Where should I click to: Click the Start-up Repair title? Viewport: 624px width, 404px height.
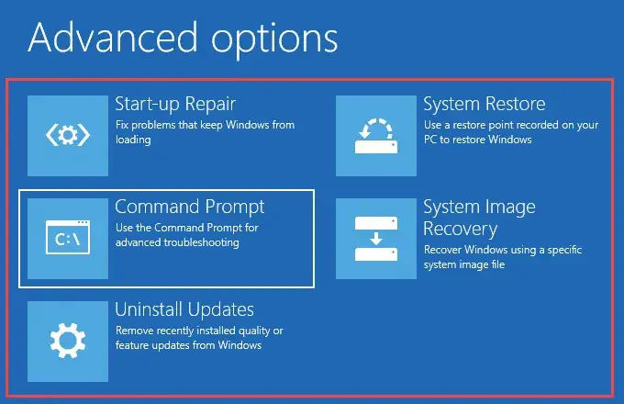tap(175, 105)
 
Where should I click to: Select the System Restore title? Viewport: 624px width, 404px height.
tap(484, 105)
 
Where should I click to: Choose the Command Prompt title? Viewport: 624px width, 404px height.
tap(189, 208)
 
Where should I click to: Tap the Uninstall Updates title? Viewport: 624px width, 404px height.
tap(184, 309)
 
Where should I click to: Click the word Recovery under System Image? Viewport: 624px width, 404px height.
tap(460, 230)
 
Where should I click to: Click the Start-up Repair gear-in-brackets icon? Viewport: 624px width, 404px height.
tap(68, 135)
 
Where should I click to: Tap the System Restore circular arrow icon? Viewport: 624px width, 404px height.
tap(376, 136)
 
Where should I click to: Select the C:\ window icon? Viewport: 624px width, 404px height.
tap(68, 237)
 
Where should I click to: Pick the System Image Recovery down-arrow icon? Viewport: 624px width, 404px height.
tap(376, 239)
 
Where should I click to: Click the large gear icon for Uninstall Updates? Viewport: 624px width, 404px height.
tap(68, 341)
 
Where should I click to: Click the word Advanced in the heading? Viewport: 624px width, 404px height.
tap(113, 39)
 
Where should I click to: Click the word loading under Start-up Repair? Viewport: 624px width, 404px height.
tap(133, 140)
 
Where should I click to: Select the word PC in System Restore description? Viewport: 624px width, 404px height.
tap(430, 140)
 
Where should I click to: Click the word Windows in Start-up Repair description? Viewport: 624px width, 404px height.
tap(248, 125)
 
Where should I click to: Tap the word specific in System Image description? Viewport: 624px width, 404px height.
tap(564, 251)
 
